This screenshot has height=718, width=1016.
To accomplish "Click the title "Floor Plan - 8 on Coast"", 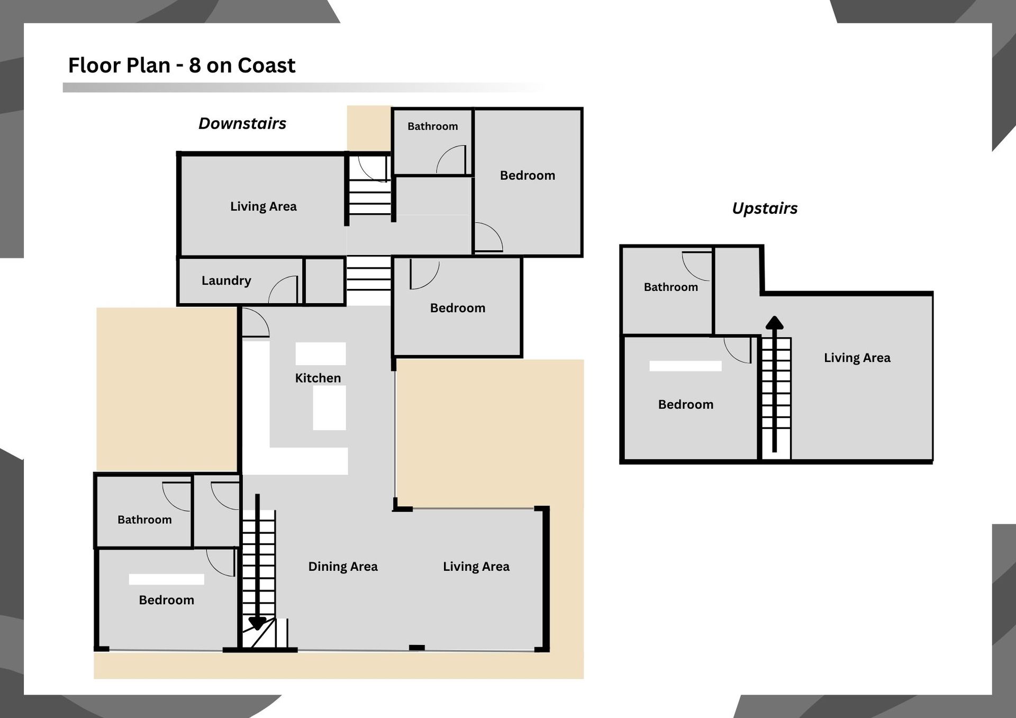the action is click(182, 66).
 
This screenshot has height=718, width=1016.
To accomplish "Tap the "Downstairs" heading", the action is click(242, 123).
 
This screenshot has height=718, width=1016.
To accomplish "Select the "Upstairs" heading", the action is click(765, 208).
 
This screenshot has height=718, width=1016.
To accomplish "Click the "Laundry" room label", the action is click(226, 280).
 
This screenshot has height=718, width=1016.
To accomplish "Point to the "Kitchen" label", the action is click(317, 378).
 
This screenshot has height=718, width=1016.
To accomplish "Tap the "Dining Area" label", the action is click(343, 567).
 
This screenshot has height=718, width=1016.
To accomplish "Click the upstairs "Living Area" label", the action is click(857, 358).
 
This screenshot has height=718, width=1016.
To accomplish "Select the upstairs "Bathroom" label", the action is click(670, 287).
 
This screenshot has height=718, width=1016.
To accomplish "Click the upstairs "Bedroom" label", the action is click(685, 405).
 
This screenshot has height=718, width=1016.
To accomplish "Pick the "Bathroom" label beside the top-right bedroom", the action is click(432, 126).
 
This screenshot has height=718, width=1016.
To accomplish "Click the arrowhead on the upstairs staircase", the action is click(775, 322).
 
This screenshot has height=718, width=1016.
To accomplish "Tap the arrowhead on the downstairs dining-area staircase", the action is click(257, 623).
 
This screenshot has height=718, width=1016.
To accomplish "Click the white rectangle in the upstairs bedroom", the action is click(685, 366).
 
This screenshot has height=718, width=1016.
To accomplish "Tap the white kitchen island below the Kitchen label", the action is click(329, 407).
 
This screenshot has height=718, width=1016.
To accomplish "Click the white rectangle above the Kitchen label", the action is click(320, 353).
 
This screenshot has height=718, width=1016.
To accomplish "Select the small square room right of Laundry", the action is click(324, 281).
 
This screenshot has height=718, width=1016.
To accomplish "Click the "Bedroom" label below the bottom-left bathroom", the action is click(166, 600).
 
